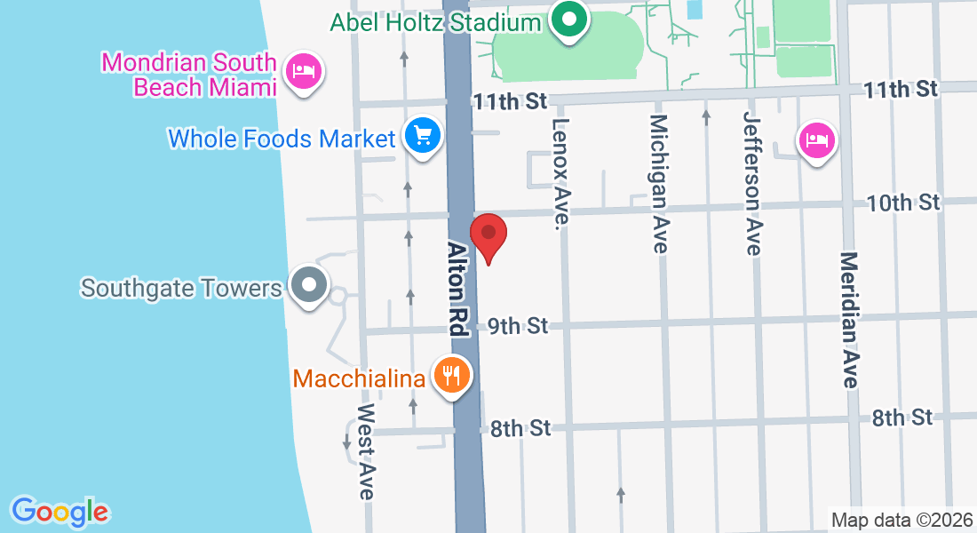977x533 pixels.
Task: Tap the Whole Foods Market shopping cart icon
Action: (423, 137)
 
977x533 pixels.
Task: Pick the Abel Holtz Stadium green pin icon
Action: (568, 20)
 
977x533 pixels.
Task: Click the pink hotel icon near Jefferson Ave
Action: (816, 140)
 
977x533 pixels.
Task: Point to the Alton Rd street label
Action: (457, 288)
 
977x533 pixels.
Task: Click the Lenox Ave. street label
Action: (560, 171)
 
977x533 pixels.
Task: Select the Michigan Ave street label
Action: (658, 183)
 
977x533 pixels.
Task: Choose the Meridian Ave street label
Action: (849, 320)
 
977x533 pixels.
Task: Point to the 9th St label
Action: (517, 327)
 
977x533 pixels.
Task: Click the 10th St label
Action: (902, 203)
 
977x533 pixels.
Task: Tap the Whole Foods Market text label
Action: (281, 139)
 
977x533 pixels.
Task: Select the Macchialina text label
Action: (359, 378)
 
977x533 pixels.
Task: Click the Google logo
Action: (60, 512)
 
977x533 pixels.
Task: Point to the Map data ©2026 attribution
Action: (901, 520)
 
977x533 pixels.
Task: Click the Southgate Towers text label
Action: (180, 288)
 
